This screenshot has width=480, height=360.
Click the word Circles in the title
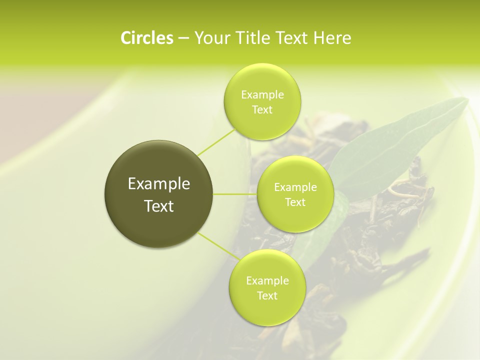(147, 38)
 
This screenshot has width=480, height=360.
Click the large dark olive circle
(159, 194)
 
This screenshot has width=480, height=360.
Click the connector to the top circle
(216, 141)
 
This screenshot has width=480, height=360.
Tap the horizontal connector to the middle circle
(235, 194)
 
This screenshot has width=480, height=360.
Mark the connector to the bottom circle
(216, 246)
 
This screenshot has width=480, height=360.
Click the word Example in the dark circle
(159, 184)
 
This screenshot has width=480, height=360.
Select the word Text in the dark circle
(159, 206)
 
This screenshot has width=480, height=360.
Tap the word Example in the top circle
(262, 95)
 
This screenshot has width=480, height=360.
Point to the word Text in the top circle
(262, 110)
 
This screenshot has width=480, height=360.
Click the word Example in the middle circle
(295, 187)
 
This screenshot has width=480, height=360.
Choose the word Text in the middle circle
(295, 202)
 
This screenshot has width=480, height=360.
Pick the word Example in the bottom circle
(267, 281)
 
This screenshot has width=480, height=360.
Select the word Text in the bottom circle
(267, 295)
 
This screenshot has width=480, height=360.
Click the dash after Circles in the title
(183, 38)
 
